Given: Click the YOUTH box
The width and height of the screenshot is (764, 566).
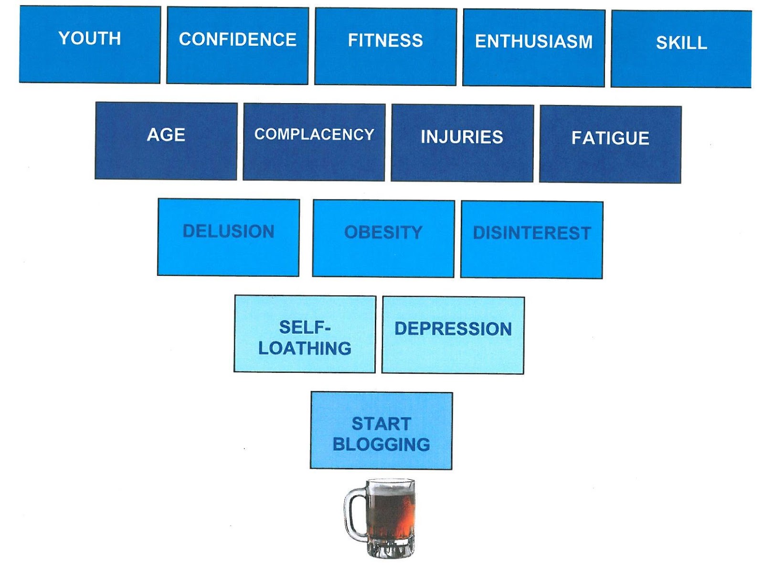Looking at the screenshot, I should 90,44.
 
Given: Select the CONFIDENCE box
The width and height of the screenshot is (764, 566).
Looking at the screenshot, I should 237,46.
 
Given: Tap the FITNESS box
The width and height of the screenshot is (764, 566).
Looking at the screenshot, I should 385,47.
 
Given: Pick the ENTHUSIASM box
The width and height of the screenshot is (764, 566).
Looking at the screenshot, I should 533,48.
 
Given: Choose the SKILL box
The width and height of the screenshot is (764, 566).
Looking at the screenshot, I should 681,49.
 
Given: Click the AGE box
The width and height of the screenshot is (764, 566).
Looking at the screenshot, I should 166,141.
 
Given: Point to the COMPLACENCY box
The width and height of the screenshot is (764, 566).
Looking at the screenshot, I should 314,142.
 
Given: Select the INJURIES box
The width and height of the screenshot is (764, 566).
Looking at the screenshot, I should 462,143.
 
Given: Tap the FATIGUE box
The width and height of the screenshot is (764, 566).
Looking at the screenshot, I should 610,144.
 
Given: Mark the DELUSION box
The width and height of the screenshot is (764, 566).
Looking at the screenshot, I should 228,237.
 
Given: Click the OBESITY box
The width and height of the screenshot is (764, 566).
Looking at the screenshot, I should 383,239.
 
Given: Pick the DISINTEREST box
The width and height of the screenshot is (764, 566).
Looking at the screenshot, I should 531,240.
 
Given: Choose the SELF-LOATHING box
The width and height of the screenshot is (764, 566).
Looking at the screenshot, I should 305,334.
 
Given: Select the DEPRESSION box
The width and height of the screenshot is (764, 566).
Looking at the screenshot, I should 453,335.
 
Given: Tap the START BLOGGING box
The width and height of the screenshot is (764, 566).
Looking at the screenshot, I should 381,430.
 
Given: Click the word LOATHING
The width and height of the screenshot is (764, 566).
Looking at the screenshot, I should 305,348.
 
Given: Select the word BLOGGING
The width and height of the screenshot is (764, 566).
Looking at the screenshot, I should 381,444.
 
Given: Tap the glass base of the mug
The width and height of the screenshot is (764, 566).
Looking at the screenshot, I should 390,549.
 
